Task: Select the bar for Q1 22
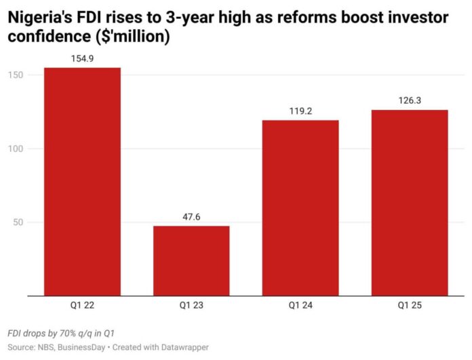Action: [82, 182]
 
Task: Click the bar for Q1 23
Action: [191, 261]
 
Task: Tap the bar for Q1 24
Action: [300, 208]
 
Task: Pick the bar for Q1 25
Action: [410, 203]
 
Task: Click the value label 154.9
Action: [82, 59]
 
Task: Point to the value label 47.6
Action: [191, 218]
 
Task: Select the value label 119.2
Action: [300, 112]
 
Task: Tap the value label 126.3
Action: [410, 102]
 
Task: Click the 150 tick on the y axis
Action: [16, 75]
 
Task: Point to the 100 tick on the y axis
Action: [16, 148]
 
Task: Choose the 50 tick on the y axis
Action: [18, 222]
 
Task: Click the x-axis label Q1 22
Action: [82, 305]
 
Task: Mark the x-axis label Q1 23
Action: [191, 305]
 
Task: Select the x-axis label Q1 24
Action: [300, 305]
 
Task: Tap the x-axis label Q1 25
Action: [410, 305]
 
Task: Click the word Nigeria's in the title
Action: [40, 19]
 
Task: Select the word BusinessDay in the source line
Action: [83, 346]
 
